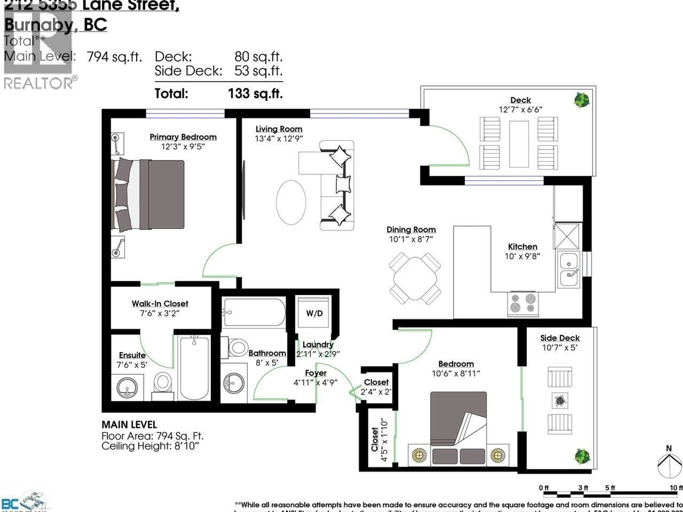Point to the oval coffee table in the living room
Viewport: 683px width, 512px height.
point(291,202)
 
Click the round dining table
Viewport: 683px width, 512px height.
point(415,278)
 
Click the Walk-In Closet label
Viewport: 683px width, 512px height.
point(160,304)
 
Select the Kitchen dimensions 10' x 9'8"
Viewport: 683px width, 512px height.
point(522,256)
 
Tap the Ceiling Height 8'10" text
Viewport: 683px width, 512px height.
point(150,446)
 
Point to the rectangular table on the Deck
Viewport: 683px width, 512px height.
point(519,144)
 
